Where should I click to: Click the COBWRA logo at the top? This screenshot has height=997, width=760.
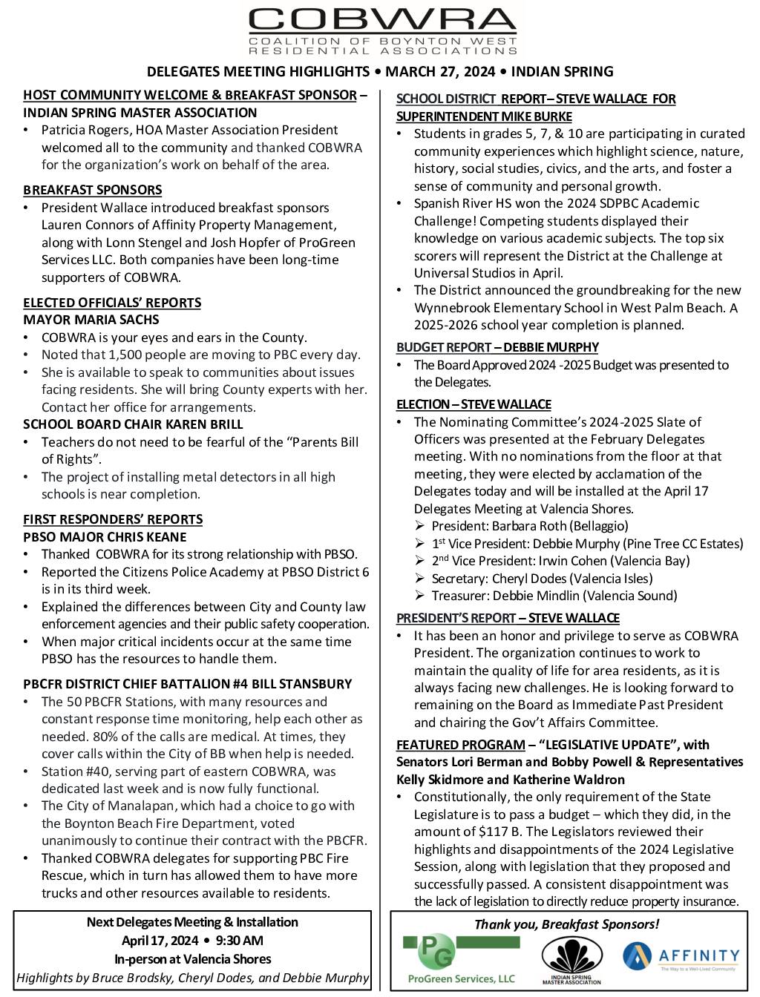click(x=383, y=31)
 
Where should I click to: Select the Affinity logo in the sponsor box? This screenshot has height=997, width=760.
click(x=681, y=958)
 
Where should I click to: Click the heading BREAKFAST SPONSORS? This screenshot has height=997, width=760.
click(x=92, y=190)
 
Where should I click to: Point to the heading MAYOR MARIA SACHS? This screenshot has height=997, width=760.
click(x=91, y=320)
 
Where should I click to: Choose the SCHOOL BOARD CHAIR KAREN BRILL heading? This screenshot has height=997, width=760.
click(x=133, y=424)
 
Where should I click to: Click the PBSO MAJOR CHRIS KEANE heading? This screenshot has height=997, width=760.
click(x=105, y=537)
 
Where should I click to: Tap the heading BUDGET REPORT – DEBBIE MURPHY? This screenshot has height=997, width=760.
click(x=497, y=347)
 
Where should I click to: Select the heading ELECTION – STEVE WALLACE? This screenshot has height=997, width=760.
click(x=474, y=404)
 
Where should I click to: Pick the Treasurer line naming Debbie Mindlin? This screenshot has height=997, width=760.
click(x=554, y=596)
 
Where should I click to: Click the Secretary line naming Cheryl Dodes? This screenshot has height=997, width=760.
click(x=542, y=579)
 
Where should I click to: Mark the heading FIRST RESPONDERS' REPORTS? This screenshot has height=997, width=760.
click(x=113, y=519)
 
